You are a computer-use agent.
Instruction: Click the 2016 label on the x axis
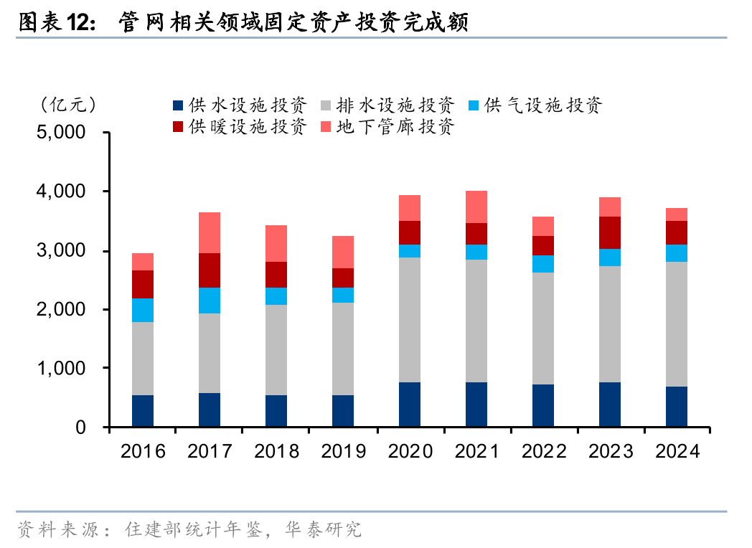[x=143, y=451]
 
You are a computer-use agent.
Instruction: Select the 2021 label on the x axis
[x=477, y=451]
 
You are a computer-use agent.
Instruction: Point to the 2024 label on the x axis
[x=677, y=451]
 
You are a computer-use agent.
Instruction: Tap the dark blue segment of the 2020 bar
[x=410, y=405]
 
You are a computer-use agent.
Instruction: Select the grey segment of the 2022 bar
[x=543, y=329]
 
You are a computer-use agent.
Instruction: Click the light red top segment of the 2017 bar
[x=210, y=232]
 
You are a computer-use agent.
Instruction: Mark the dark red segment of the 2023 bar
[x=610, y=232]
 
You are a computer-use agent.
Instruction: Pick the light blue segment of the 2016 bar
[x=143, y=310]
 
